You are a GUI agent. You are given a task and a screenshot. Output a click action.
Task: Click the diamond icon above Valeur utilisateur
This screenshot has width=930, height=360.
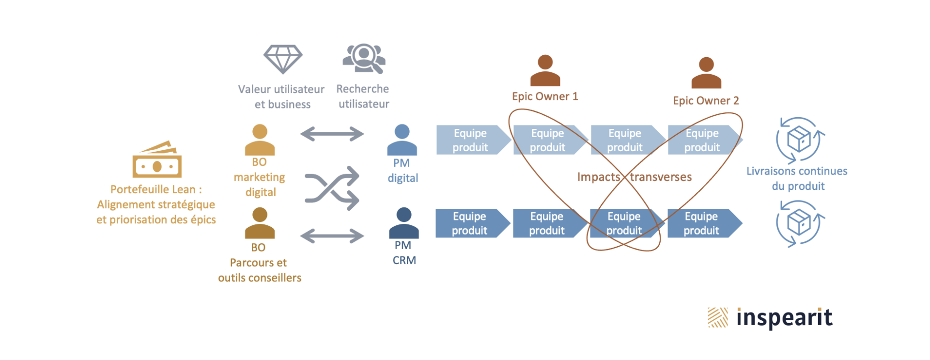click(283, 59)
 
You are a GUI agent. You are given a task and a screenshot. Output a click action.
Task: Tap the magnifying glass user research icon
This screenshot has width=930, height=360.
click(364, 59)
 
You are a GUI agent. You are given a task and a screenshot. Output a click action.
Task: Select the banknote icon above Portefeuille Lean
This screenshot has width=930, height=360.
click(157, 159)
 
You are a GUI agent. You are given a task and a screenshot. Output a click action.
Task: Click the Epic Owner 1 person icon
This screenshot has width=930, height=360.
click(545, 70)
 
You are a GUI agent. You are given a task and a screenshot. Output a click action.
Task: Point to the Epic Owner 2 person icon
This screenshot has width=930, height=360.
click(706, 73)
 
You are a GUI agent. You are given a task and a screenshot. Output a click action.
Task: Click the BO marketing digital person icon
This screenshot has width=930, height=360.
click(260, 140)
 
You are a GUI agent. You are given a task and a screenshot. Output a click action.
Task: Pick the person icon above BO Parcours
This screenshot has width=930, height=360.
click(260, 223)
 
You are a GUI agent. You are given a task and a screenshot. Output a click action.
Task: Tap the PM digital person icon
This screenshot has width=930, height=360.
click(402, 140)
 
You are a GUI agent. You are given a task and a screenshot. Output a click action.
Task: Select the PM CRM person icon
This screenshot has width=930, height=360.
click(404, 223)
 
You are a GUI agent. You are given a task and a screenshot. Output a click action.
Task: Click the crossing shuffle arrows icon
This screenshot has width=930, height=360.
click(332, 188)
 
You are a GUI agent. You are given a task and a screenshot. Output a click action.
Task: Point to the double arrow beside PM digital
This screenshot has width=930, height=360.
click(332, 134)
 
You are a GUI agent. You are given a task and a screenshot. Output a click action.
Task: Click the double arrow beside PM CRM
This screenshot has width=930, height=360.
click(332, 236)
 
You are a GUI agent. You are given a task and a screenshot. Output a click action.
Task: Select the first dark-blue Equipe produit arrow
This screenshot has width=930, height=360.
click(473, 223)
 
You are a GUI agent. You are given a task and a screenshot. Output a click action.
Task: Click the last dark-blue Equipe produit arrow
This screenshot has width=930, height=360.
click(705, 223)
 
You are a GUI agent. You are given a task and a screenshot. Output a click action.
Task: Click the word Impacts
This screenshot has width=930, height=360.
click(599, 177)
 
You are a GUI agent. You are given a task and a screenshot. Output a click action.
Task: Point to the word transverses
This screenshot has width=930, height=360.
click(661, 177)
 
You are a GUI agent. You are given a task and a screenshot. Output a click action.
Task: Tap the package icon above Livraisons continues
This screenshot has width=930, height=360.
click(800, 140)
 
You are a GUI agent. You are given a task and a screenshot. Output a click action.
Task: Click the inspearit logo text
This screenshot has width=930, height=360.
click(784, 318)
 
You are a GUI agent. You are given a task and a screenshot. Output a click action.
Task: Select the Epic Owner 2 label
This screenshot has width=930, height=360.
click(706, 101)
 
